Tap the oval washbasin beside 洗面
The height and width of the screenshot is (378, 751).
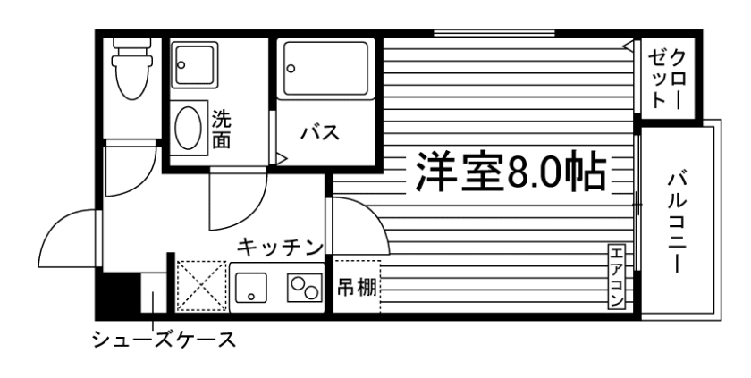pos(188,129)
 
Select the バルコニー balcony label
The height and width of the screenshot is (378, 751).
pos(677,222)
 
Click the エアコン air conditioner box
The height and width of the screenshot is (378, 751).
pos(616,277)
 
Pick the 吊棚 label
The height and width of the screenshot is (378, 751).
pos(356,288)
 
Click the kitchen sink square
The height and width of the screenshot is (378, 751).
pos(253,286)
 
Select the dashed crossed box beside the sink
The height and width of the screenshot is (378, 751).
pos(202,286)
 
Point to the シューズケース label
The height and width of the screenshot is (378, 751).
pos(166,340)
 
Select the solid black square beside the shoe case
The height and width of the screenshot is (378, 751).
pos(116,293)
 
